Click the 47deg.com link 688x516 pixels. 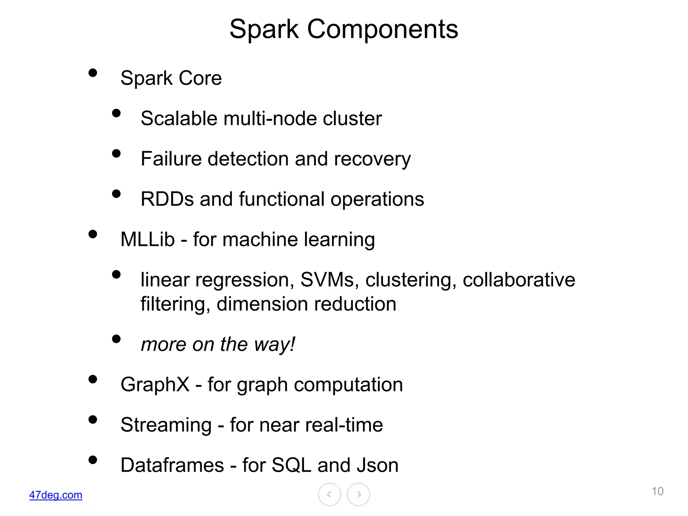[x=56, y=495]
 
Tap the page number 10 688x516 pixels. [x=657, y=491]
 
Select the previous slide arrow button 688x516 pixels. [x=330, y=494]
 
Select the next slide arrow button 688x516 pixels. [x=358, y=494]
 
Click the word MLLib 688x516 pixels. [x=147, y=240]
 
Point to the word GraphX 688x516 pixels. [x=155, y=385]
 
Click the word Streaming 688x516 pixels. [x=166, y=425]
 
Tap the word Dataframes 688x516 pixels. [x=172, y=465]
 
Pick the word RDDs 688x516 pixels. [x=167, y=199]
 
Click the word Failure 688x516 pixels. [x=171, y=159]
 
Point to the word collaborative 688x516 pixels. [x=519, y=280]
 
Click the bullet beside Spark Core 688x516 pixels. [x=93, y=73]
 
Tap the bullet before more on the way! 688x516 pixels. [x=116, y=339]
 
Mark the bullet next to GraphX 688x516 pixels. [x=93, y=379]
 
